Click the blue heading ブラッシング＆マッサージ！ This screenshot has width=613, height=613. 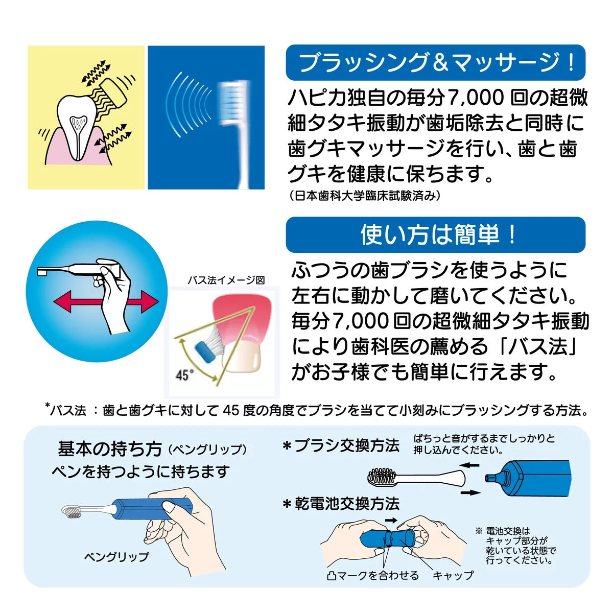click(435, 62)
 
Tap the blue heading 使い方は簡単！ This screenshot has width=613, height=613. click(435, 235)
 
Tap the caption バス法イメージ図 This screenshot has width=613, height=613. click(226, 280)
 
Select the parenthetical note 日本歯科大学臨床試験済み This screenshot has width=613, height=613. click(363, 196)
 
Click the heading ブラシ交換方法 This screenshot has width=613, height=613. click(341, 445)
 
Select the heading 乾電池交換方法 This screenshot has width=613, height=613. click(341, 504)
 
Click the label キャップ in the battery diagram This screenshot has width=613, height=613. click(453, 576)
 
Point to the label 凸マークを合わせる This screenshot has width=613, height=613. click(373, 576)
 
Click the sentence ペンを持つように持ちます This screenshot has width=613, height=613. click(140, 471)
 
